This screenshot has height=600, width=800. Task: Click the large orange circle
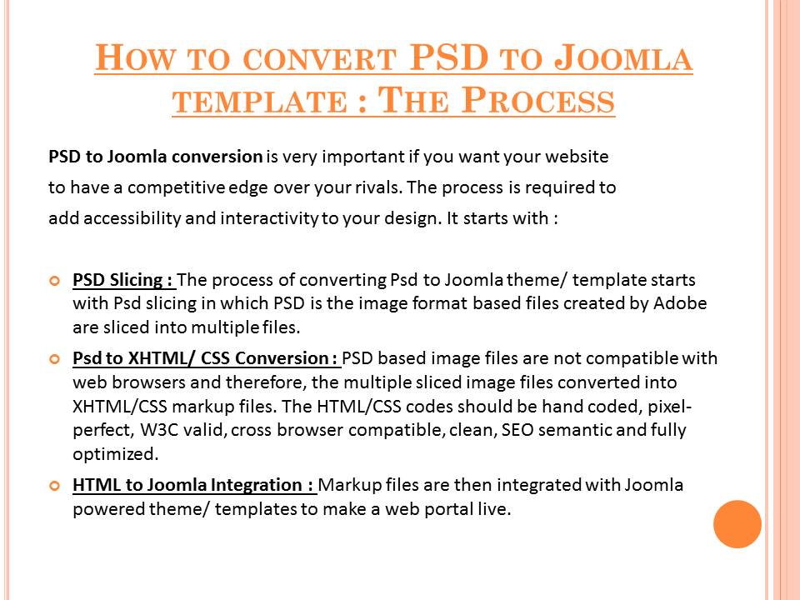pyautogui.click(x=737, y=524)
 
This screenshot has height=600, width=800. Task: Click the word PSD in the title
pyautogui.click(x=449, y=57)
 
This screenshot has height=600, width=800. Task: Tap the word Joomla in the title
pyautogui.click(x=623, y=57)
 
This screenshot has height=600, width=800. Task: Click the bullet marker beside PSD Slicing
pyautogui.click(x=55, y=281)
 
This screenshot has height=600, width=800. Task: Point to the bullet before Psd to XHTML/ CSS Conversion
pyautogui.click(x=55, y=359)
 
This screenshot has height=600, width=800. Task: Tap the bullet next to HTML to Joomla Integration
pyautogui.click(x=55, y=486)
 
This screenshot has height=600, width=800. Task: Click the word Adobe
pyautogui.click(x=680, y=303)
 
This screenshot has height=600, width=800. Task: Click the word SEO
pyautogui.click(x=517, y=430)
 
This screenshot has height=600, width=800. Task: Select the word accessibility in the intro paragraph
pyautogui.click(x=132, y=218)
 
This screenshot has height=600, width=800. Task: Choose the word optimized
pyautogui.click(x=115, y=454)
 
